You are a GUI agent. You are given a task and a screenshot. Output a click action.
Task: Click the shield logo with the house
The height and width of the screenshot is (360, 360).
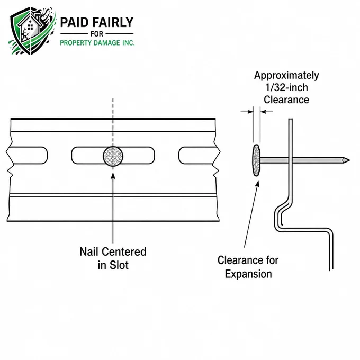[32, 31]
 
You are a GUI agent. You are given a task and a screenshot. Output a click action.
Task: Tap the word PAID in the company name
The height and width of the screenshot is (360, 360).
[74, 22]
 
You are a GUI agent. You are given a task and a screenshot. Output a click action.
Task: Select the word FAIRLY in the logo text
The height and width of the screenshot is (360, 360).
[113, 22]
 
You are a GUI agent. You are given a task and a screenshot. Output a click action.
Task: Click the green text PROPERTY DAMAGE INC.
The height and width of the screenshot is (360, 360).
[97, 43]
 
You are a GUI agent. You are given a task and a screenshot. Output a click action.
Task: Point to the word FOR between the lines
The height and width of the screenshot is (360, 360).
[97, 34]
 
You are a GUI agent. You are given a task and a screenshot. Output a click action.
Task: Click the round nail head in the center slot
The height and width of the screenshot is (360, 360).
[113, 156]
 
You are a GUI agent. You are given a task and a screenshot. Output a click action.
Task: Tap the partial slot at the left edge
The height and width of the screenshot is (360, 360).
[27, 156]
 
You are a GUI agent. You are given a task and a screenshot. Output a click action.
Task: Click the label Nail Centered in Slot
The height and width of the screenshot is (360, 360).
[113, 258]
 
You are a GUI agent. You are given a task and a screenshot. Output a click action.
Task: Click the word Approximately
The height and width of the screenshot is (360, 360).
[286, 75]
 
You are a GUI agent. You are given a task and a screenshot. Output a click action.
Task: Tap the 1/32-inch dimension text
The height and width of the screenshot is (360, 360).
[286, 87]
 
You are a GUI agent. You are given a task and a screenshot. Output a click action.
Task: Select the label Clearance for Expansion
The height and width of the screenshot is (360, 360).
[248, 267]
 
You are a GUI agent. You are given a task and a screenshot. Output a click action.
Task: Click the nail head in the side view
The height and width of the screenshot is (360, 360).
[256, 160]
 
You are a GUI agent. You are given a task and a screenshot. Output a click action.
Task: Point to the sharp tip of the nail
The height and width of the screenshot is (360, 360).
[349, 160]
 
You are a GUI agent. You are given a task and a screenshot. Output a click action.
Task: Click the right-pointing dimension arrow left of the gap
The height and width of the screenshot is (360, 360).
[247, 112]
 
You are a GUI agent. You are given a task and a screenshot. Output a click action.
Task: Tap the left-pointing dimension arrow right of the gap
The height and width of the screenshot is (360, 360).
[267, 112]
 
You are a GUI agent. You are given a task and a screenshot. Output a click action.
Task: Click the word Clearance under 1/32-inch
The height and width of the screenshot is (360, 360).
[286, 100]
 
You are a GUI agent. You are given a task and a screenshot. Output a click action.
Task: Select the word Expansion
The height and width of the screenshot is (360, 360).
[248, 274]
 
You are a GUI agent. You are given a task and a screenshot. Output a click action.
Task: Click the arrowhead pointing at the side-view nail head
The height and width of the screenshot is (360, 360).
[258, 184]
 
